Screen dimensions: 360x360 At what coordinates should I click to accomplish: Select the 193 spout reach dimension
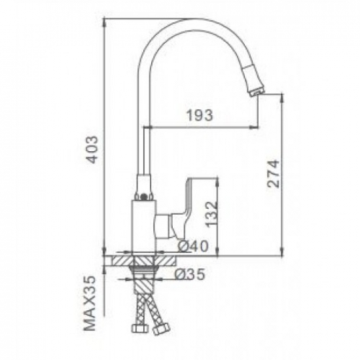point(200,116)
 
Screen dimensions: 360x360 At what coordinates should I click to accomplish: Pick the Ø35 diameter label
point(190,276)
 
